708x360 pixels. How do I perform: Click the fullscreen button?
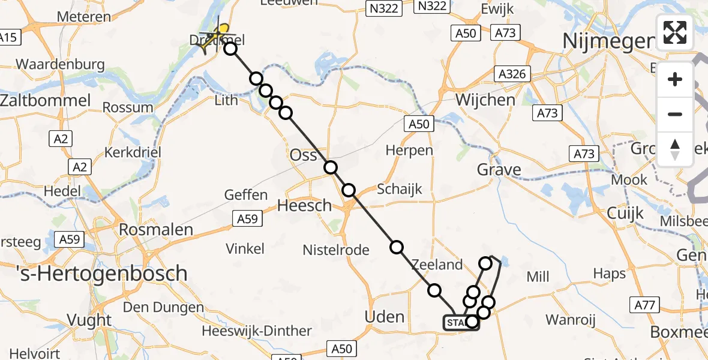point(675,32)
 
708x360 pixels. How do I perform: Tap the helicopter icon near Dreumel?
point(217,36)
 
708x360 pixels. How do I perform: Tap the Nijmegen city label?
point(608,41)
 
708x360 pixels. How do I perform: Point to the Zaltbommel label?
point(46,100)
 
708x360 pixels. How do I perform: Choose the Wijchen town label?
point(485,99)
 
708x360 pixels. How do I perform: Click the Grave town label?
point(499,170)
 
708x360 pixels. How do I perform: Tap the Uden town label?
point(385,317)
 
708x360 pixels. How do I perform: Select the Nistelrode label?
point(336,250)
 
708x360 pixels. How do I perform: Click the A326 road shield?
point(512,74)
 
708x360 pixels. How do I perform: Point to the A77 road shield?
point(646,305)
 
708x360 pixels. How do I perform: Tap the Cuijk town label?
point(625,212)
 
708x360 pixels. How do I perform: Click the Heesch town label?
point(304,205)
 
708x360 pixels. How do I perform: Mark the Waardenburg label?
point(60,64)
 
